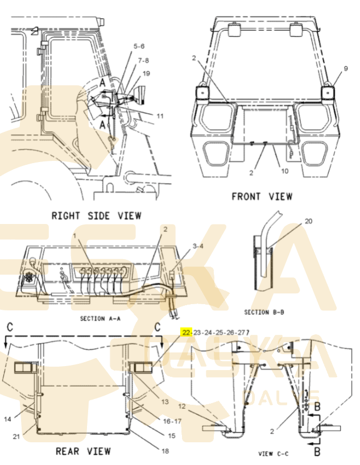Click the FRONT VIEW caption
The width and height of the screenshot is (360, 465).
point(262,196)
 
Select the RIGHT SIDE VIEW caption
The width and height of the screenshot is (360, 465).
point(96,215)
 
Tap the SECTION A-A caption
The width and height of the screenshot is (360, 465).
point(100,319)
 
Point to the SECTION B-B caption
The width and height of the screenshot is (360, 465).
point(264,312)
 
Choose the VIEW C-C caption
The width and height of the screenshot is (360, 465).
point(274,453)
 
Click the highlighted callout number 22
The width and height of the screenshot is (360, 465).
point(186,333)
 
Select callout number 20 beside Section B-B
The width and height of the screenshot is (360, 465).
point(309,221)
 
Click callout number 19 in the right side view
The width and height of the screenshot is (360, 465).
point(147,73)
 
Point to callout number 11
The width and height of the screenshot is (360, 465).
point(160,116)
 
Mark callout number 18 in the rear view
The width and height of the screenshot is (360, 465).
point(165,451)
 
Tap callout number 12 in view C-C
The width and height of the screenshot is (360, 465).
point(182,406)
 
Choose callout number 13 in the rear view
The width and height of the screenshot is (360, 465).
point(165,402)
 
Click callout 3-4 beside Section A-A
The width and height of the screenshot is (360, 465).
point(197,246)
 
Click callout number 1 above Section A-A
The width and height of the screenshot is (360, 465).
point(73,235)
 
